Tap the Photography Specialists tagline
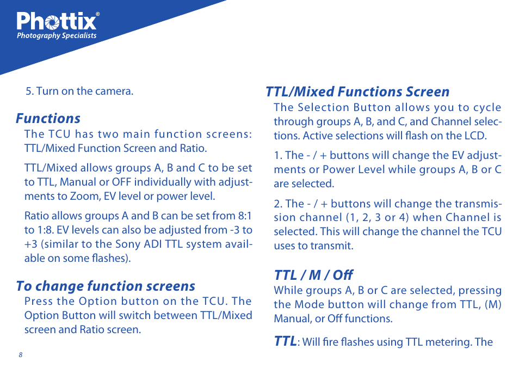[x=57, y=36]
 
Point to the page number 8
[x=21, y=355]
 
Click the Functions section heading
[x=48, y=118]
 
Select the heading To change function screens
[x=106, y=286]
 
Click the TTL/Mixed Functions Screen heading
[x=357, y=91]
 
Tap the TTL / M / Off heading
[x=313, y=275]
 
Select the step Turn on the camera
[x=79, y=91]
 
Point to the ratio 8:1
[x=245, y=216]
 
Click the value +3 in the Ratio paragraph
[x=31, y=244]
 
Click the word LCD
[x=475, y=136]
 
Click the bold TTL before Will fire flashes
[x=285, y=341]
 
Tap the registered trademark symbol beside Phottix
[x=97, y=14]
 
